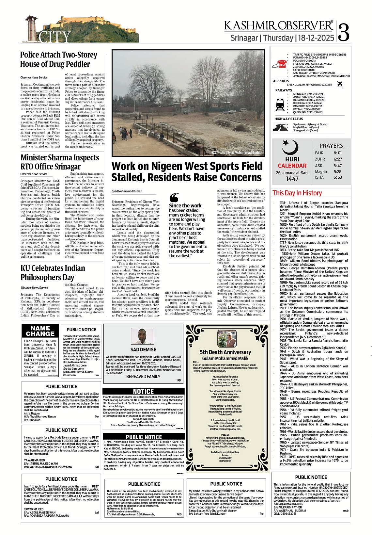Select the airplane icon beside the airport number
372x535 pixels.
(x=340, y=85)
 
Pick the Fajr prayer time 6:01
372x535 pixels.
(x=337, y=153)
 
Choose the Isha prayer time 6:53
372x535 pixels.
(x=337, y=177)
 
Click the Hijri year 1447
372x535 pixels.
(x=292, y=179)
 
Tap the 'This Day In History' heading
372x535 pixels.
(x=297, y=193)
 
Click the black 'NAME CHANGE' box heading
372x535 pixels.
(x=40, y=331)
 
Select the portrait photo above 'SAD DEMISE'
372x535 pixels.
(x=142, y=336)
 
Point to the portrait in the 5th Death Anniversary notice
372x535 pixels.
(x=227, y=338)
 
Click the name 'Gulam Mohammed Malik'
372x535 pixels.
(x=225, y=358)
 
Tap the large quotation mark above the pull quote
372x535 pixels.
(x=175, y=198)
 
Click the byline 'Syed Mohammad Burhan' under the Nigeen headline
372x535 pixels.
(x=127, y=191)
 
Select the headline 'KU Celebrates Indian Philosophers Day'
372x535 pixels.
(x=53, y=272)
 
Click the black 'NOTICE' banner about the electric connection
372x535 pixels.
(x=143, y=391)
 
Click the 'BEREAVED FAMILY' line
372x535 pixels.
(x=143, y=377)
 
